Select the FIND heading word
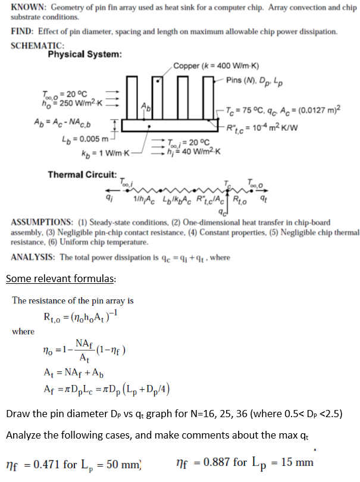[x=23, y=31]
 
